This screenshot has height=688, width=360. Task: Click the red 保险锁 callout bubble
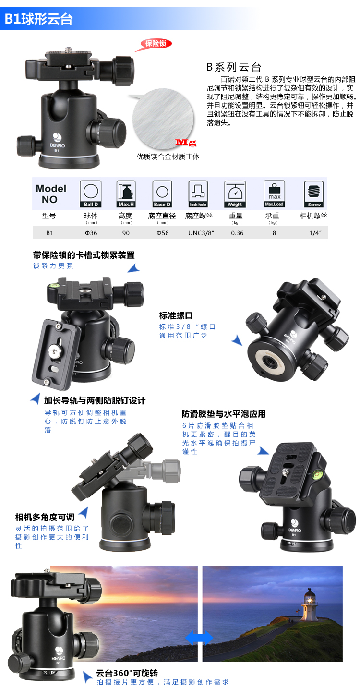pyautogui.click(x=156, y=44)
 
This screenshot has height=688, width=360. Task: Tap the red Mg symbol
pyautogui.click(x=186, y=142)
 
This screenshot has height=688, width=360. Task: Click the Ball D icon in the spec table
pyautogui.click(x=91, y=194)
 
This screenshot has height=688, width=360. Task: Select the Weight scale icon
pyautogui.click(x=235, y=194)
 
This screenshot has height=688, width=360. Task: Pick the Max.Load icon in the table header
pyautogui.click(x=274, y=194)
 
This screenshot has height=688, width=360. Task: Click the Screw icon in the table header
pyautogui.click(x=313, y=194)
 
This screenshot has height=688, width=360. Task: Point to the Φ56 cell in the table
pyautogui.click(x=163, y=233)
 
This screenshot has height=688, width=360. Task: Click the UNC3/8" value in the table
pyautogui.click(x=201, y=233)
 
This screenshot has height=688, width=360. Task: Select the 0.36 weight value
pyautogui.click(x=237, y=233)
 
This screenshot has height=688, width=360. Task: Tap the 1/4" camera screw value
pyautogui.click(x=315, y=233)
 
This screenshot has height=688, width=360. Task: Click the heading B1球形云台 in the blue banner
pyautogui.click(x=38, y=19)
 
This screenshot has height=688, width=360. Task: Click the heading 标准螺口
pyautogui.click(x=176, y=315)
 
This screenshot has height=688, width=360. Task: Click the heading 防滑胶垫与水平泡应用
pyautogui.click(x=224, y=414)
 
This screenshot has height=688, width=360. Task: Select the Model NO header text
pyautogui.click(x=50, y=194)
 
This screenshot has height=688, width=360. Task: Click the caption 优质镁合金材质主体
pyautogui.click(x=168, y=157)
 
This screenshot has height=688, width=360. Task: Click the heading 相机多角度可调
pyautogui.click(x=45, y=517)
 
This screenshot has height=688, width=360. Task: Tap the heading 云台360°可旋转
pyautogui.click(x=127, y=673)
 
